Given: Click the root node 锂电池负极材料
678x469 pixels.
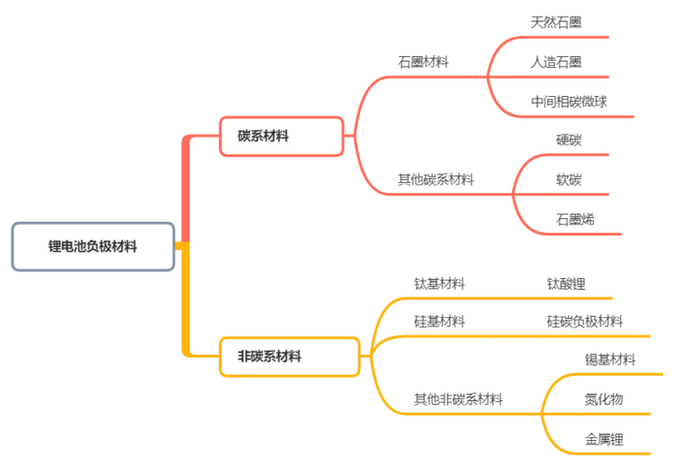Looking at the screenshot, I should click(x=93, y=246).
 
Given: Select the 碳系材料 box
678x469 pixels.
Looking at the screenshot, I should click(x=281, y=137).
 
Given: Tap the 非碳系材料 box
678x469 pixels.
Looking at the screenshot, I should click(x=290, y=357).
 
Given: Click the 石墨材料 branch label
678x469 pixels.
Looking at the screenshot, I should click(x=423, y=61).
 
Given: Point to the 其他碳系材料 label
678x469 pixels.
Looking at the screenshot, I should click(x=436, y=179).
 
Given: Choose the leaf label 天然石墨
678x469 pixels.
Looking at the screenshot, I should click(x=556, y=21).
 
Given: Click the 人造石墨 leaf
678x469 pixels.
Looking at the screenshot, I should click(x=556, y=61).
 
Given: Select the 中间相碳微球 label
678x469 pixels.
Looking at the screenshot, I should click(x=569, y=101).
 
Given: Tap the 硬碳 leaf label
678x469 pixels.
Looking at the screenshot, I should click(x=569, y=140).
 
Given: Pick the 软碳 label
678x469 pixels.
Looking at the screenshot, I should click(x=569, y=179).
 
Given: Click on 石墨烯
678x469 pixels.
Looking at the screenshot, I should click(x=575, y=219).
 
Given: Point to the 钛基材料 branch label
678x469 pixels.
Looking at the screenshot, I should click(x=440, y=284).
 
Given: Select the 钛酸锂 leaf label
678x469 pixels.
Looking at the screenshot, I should click(x=566, y=284).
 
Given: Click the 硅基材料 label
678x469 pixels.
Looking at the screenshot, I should click(x=440, y=321).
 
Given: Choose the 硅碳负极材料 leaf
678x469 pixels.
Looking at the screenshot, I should click(x=585, y=321).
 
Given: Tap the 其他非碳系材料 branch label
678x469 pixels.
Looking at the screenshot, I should click(x=458, y=399).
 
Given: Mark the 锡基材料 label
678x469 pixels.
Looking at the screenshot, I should click(x=610, y=360).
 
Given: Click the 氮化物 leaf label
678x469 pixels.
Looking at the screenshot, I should click(x=603, y=399).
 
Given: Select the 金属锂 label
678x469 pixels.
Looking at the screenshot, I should click(x=603, y=439).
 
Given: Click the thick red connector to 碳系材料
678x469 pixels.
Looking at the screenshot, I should click(x=185, y=189).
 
